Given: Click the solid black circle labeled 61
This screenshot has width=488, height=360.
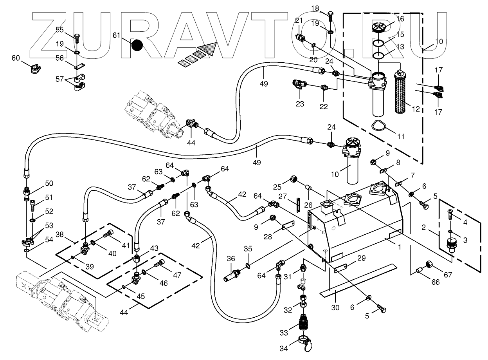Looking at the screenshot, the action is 137,45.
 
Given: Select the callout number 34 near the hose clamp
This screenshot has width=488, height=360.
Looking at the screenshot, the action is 284,348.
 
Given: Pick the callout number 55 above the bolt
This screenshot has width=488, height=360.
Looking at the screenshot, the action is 59,30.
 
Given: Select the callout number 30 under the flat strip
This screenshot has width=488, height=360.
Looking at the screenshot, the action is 335,308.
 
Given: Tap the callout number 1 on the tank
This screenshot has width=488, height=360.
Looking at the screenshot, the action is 399,247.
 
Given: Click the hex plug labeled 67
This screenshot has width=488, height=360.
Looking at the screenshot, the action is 429,264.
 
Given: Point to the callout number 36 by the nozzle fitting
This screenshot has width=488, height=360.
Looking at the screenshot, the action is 231,259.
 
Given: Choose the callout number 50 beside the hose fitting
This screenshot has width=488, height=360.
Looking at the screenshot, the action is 49,183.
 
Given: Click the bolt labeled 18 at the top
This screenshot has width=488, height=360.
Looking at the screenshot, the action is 330,16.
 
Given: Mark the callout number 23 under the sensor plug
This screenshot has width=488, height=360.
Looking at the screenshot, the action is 300,104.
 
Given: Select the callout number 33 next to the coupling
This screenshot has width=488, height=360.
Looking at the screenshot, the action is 284,333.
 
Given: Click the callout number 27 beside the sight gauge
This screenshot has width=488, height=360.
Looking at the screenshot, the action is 282,197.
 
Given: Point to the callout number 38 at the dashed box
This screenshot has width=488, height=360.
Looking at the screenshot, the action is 59,235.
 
